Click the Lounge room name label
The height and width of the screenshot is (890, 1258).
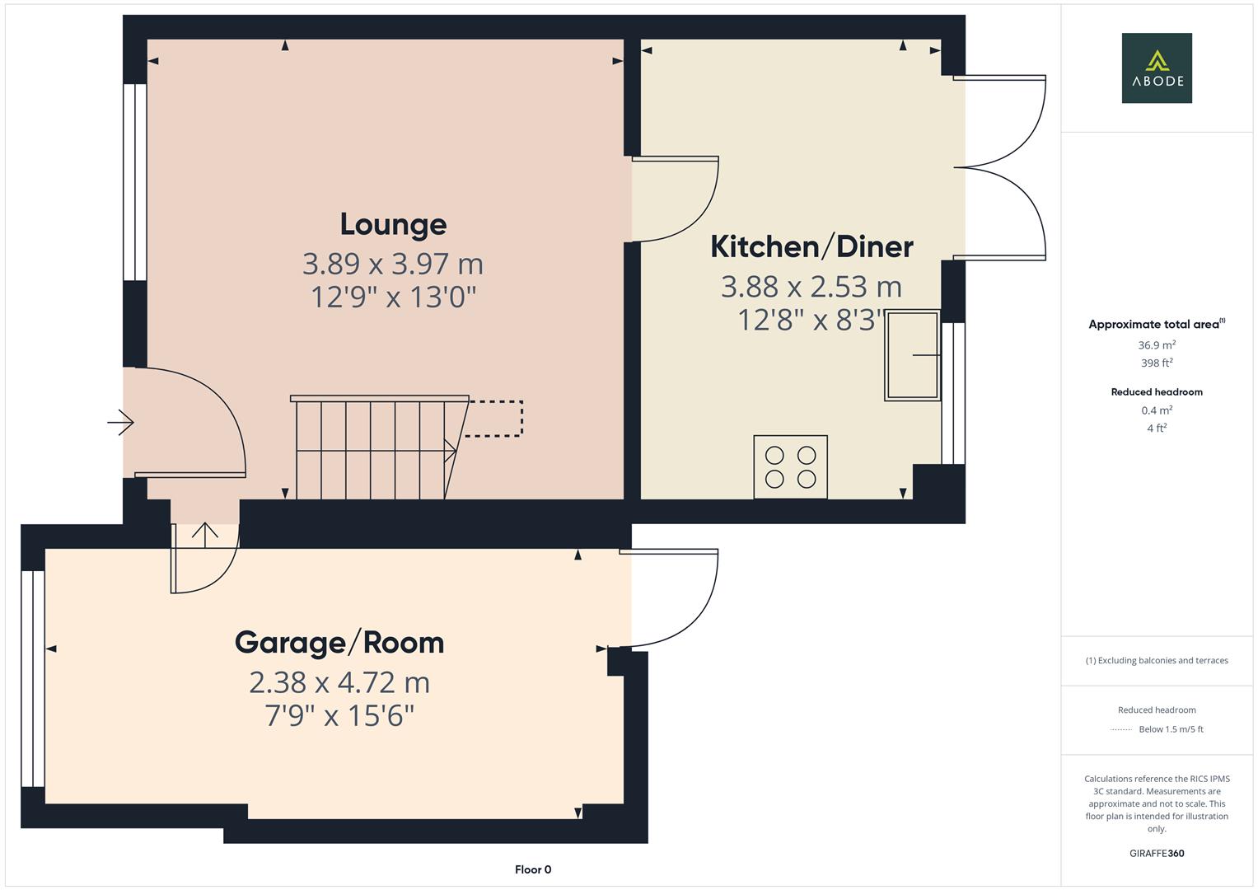(x=393, y=225)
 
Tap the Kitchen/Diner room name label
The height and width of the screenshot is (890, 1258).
(x=811, y=247)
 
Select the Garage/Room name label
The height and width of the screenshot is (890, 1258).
(x=339, y=643)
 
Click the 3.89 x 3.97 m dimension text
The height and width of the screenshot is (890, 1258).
(x=393, y=264)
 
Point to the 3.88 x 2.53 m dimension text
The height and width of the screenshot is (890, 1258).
(x=811, y=287)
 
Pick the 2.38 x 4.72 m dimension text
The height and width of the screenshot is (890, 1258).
(x=339, y=683)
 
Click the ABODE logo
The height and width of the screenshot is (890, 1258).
(x=1157, y=68)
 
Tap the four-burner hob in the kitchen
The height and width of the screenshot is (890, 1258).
(x=790, y=467)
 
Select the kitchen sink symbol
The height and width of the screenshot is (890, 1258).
(x=912, y=355)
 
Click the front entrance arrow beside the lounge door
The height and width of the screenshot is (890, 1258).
(x=120, y=422)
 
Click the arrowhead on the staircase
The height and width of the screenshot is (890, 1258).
(x=451, y=451)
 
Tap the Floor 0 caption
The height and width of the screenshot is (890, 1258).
(x=533, y=869)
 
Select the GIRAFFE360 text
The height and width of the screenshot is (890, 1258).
(x=1157, y=854)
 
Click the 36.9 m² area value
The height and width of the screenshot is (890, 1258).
(x=1157, y=345)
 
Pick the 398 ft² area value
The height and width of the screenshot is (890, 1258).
(x=1157, y=363)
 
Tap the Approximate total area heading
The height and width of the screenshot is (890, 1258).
(x=1157, y=324)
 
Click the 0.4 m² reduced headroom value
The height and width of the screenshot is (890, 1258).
(x=1157, y=410)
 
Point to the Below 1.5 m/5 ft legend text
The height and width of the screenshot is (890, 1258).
(x=1171, y=729)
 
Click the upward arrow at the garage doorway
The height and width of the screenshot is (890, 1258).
(x=205, y=534)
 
